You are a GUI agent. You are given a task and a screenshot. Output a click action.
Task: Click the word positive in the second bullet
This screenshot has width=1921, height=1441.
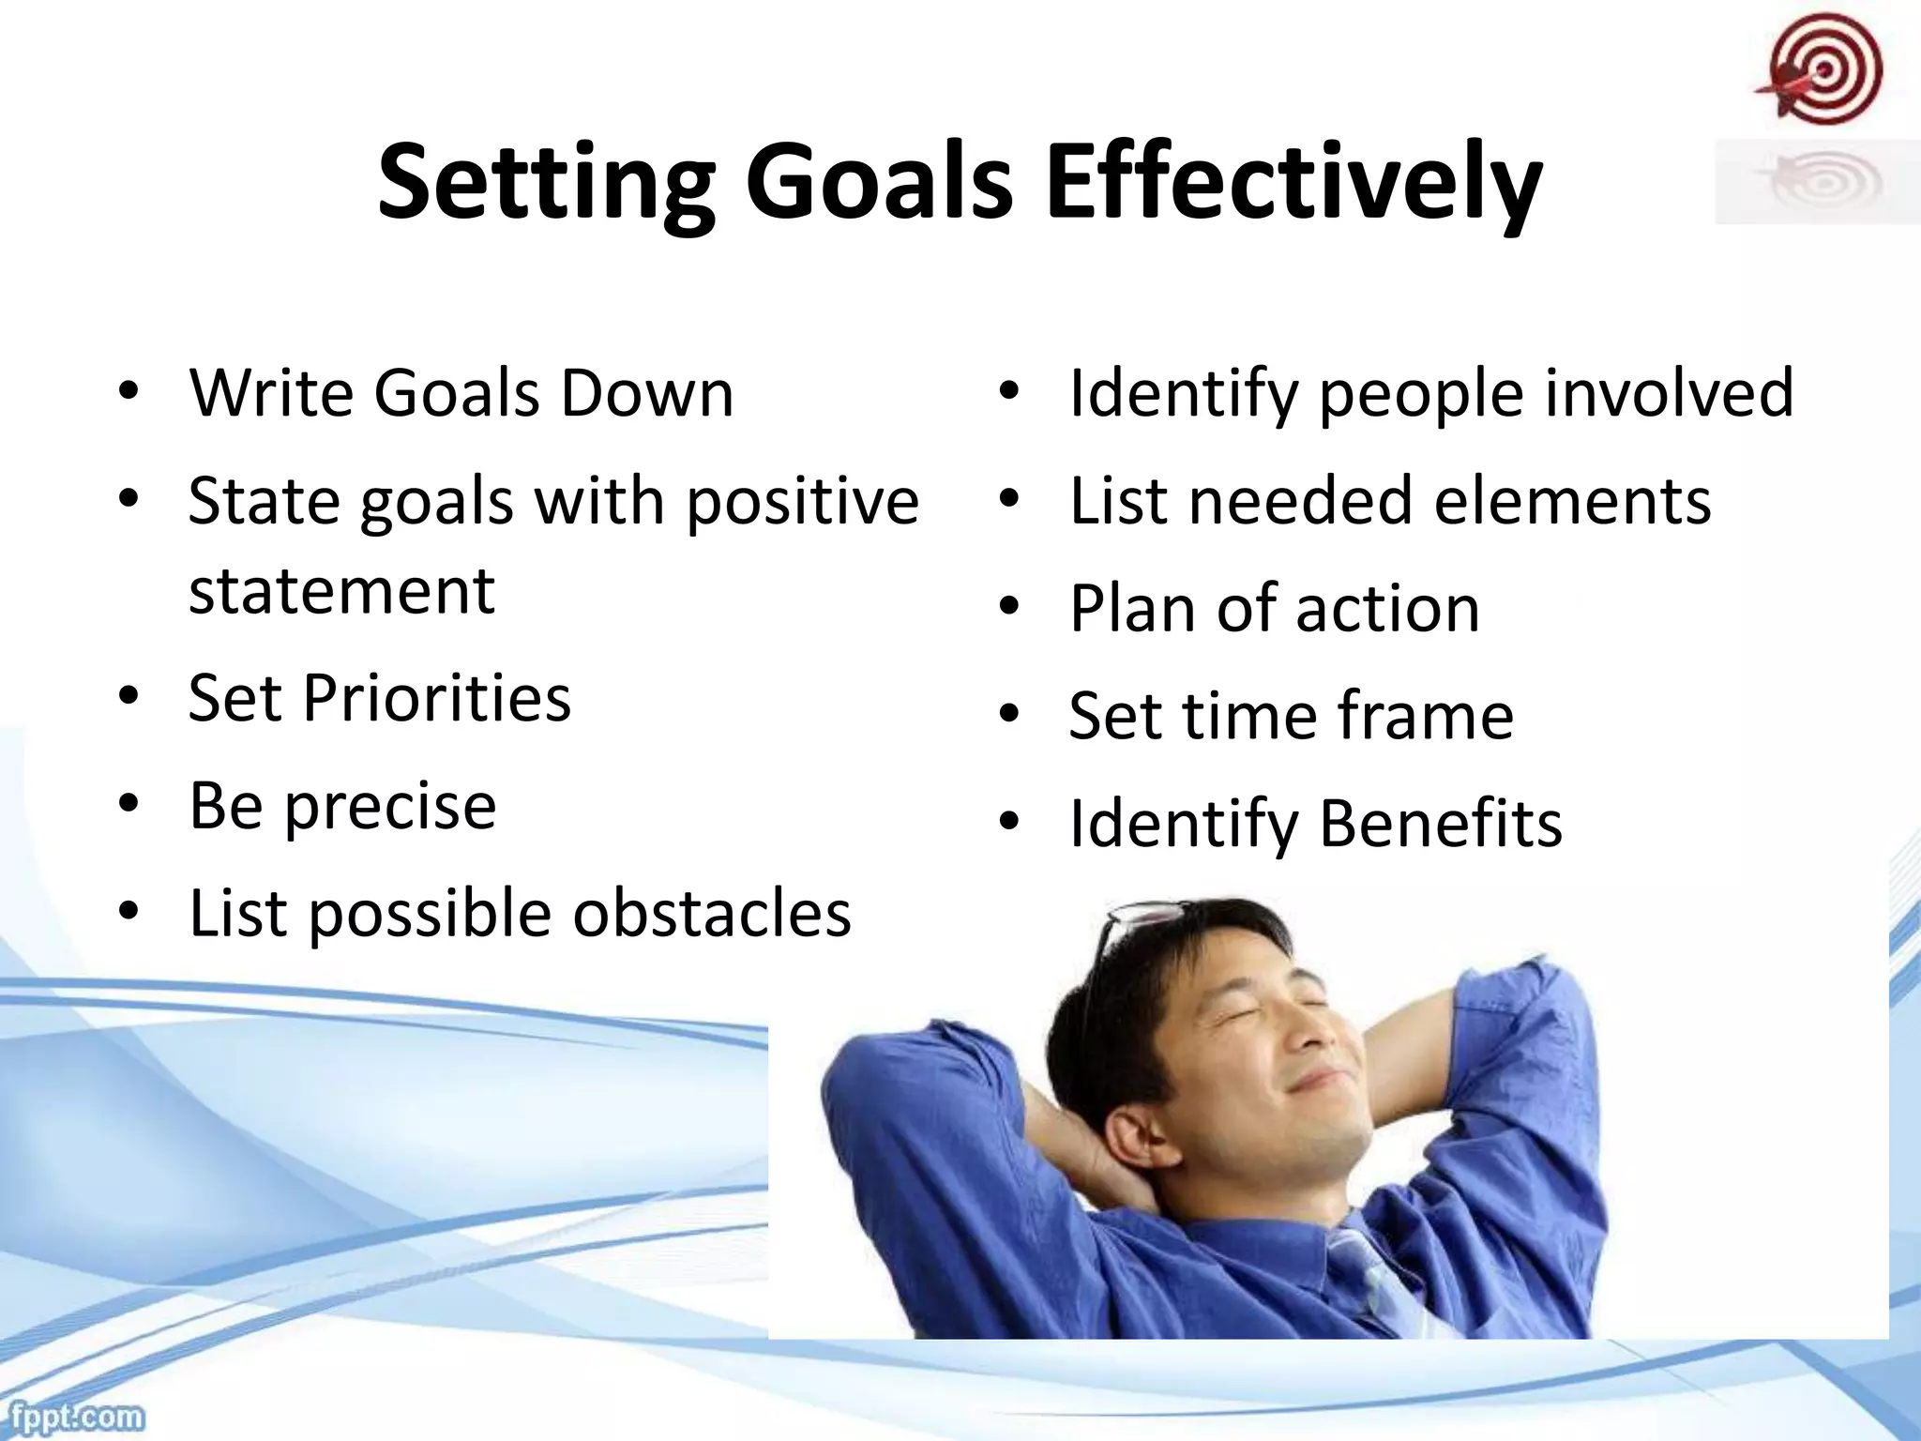(x=803, y=502)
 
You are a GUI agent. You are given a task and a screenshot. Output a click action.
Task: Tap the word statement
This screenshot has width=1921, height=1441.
(x=341, y=591)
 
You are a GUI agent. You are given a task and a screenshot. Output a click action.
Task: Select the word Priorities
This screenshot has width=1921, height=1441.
(x=436, y=699)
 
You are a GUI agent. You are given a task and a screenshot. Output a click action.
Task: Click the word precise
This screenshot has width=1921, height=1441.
(x=389, y=807)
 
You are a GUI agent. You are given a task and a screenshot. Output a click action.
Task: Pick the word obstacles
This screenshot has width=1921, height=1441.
(x=712, y=914)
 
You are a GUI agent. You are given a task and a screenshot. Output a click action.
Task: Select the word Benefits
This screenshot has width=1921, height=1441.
(x=1441, y=824)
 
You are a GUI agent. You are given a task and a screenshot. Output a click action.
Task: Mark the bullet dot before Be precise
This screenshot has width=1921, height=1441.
(x=129, y=803)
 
